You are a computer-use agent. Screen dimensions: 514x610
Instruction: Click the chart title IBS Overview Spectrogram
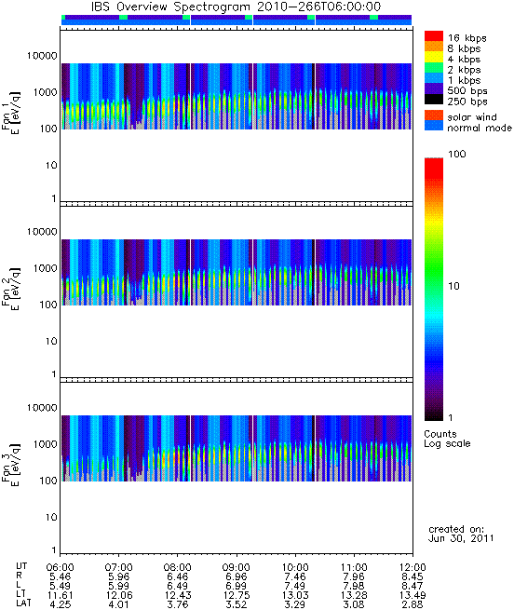coord(170,7)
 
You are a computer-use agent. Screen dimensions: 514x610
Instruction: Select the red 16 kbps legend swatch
coord(434,35)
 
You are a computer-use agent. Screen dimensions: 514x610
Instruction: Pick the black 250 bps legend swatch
coord(434,100)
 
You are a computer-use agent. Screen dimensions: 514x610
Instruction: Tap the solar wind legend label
coord(472,117)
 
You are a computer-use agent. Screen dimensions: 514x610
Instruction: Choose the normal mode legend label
coord(480,128)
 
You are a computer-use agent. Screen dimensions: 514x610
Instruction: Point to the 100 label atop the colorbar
coord(457,154)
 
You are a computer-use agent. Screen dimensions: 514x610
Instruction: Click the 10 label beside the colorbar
coord(453,286)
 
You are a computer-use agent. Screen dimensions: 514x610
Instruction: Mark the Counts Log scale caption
coord(447,439)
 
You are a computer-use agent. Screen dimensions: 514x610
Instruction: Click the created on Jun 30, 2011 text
coord(461,534)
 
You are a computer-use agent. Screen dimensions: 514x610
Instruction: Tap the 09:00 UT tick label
coord(237,567)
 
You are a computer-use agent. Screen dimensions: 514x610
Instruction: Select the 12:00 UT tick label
coord(413,567)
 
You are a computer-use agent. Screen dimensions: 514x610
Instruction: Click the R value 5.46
coord(61,576)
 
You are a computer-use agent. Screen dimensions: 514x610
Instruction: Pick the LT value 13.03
coord(295,595)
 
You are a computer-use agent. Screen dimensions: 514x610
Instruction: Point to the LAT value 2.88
coord(413,604)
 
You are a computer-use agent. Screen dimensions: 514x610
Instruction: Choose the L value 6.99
coord(237,586)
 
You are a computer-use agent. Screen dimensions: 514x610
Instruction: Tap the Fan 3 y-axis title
coord(11,464)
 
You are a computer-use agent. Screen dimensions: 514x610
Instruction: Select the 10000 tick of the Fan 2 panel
coord(42,232)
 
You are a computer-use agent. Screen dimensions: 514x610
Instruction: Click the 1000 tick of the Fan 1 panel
coord(45,92)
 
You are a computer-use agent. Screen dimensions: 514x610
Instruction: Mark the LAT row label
coord(23,603)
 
